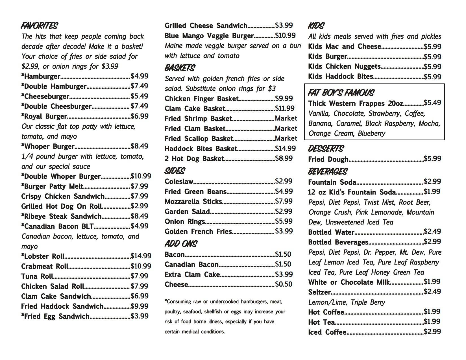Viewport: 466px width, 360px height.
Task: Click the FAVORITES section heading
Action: click(x=39, y=26)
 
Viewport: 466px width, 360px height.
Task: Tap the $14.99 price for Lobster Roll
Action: click(x=141, y=256)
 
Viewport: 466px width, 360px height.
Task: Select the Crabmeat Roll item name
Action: click(x=45, y=266)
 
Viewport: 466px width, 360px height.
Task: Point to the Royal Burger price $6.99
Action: click(x=140, y=116)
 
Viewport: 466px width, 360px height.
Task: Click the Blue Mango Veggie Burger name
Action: click(x=209, y=36)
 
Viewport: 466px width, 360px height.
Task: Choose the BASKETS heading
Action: click(x=180, y=68)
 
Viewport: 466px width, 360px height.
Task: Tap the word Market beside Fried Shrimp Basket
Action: click(x=286, y=118)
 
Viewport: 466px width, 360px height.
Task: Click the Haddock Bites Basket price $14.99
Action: click(x=285, y=149)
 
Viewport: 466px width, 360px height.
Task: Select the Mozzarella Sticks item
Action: click(x=193, y=202)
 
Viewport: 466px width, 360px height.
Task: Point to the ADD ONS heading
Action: click(x=181, y=244)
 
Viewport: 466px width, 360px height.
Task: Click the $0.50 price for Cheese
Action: click(x=284, y=284)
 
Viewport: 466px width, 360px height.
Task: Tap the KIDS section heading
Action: click(x=316, y=26)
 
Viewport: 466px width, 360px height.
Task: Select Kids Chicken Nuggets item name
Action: click(x=344, y=67)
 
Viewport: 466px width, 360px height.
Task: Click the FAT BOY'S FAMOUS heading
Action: click(x=341, y=93)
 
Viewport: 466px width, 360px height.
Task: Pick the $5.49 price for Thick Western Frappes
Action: click(x=432, y=103)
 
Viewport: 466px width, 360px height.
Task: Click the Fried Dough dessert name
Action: click(x=328, y=159)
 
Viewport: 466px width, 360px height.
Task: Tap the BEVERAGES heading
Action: click(x=328, y=171)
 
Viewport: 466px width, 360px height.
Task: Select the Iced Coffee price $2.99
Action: click(x=432, y=332)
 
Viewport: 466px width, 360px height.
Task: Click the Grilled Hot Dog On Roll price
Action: click(x=140, y=206)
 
